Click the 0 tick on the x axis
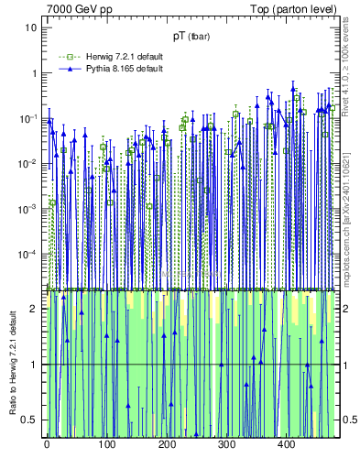pyautogui.click(x=47, y=444)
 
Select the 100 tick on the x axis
pyautogui.click(x=106, y=444)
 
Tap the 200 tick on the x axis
pyautogui.click(x=167, y=444)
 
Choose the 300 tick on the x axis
pyautogui.click(x=226, y=444)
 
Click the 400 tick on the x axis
pyautogui.click(x=286, y=444)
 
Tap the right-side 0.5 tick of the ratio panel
pyautogui.click(x=349, y=420)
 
